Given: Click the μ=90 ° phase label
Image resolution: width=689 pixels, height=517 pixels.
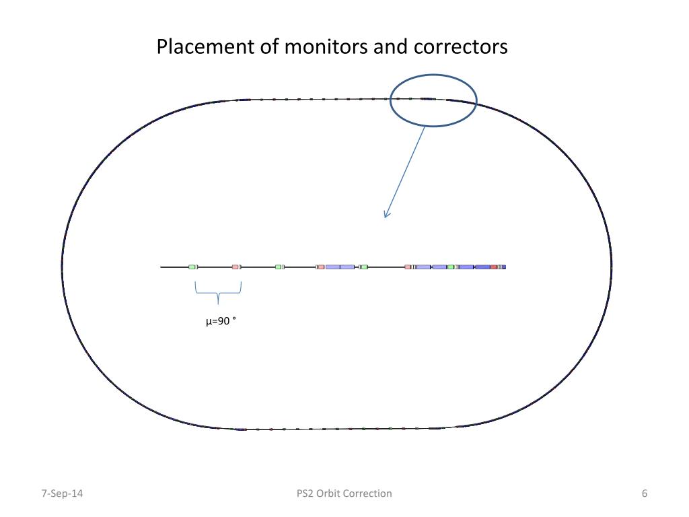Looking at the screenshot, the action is pyautogui.click(x=221, y=321).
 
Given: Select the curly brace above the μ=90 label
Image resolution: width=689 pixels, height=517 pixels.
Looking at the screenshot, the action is pyautogui.click(x=218, y=294).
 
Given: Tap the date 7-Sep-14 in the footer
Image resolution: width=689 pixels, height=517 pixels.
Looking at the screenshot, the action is pyautogui.click(x=63, y=493).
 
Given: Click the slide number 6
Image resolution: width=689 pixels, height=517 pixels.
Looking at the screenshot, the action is pyautogui.click(x=645, y=493).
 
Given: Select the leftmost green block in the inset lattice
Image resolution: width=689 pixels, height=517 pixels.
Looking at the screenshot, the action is pyautogui.click(x=192, y=267).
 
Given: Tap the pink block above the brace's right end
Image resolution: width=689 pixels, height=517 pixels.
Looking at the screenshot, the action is pyautogui.click(x=235, y=267).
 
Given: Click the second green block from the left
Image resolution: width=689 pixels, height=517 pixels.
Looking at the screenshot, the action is pyautogui.click(x=279, y=267).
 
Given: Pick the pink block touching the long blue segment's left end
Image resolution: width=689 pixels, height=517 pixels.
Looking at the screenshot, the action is pyautogui.click(x=321, y=267).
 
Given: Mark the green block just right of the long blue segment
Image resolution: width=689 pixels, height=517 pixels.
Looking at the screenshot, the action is pyautogui.click(x=364, y=267).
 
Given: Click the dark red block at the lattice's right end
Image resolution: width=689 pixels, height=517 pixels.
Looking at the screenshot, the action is pyautogui.click(x=494, y=267).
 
